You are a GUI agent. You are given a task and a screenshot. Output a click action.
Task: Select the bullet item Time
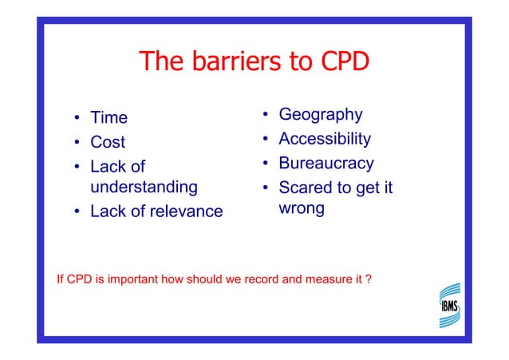coord(109,118)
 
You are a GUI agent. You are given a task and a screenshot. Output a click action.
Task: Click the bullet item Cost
coord(108,142)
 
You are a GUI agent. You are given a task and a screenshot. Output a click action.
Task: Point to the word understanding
coord(144,188)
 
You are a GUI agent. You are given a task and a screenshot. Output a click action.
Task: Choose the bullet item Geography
coord(320,115)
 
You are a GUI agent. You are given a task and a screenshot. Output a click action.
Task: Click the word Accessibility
coord(324,139)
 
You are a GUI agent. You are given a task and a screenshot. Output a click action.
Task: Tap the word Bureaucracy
coord(326,164)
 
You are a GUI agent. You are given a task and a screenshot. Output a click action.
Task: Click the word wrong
coord(301,208)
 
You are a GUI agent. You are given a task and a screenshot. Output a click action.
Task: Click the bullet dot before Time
coord(77,119)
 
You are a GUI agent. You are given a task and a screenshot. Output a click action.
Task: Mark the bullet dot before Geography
coord(265,116)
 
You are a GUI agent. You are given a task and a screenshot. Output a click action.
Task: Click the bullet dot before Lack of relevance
coord(77,212)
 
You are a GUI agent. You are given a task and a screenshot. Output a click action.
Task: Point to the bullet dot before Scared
coord(265,189)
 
